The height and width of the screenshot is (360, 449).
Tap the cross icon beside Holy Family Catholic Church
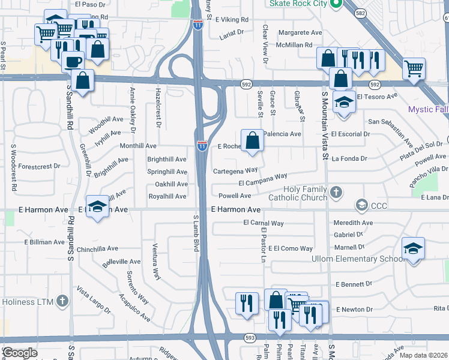click(337, 193)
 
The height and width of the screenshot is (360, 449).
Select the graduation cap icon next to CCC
click(361, 206)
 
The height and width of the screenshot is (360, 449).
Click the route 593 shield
click(250, 338)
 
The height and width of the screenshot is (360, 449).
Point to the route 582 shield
click(359, 13)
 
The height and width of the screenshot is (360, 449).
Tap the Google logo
click(20, 353)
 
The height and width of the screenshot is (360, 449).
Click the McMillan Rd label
click(295, 44)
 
